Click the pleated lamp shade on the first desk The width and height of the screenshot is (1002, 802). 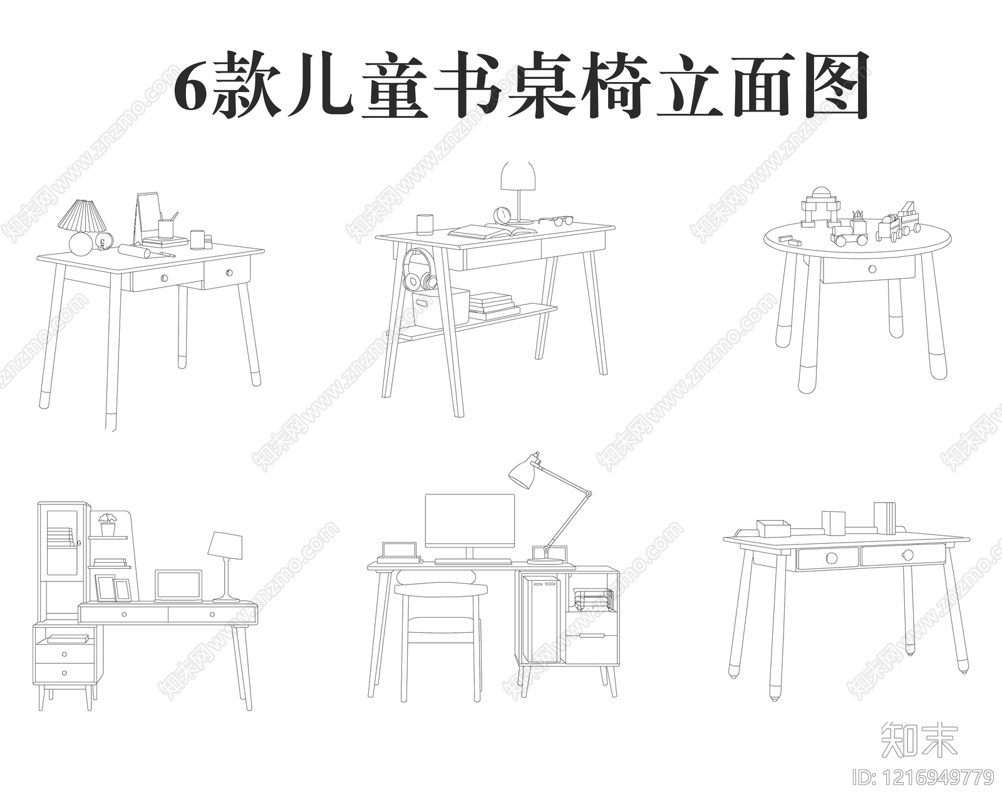pyautogui.click(x=82, y=215)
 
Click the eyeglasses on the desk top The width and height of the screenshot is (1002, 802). pyautogui.click(x=556, y=220)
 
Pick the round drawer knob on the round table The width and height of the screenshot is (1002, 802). pyautogui.click(x=872, y=269)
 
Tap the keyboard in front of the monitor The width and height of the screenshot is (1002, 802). pyautogui.click(x=473, y=561)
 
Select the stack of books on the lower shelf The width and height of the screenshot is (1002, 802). pyautogui.click(x=493, y=304)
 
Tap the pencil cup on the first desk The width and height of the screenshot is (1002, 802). pyautogui.click(x=165, y=227)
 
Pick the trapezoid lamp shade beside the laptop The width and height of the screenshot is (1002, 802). pyautogui.click(x=225, y=546)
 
